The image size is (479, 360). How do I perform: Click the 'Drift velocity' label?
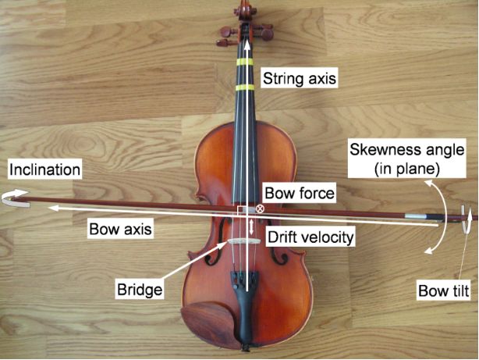310,235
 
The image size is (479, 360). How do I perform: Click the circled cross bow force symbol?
261,209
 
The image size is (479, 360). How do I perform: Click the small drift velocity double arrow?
250,227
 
